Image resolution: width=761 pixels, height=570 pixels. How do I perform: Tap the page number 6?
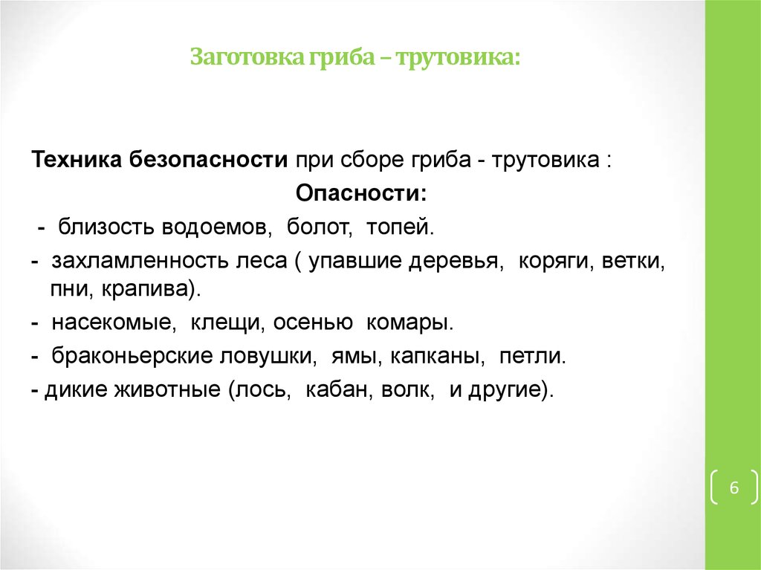point(734,488)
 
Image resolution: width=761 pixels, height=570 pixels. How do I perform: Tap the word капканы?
point(440,357)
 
